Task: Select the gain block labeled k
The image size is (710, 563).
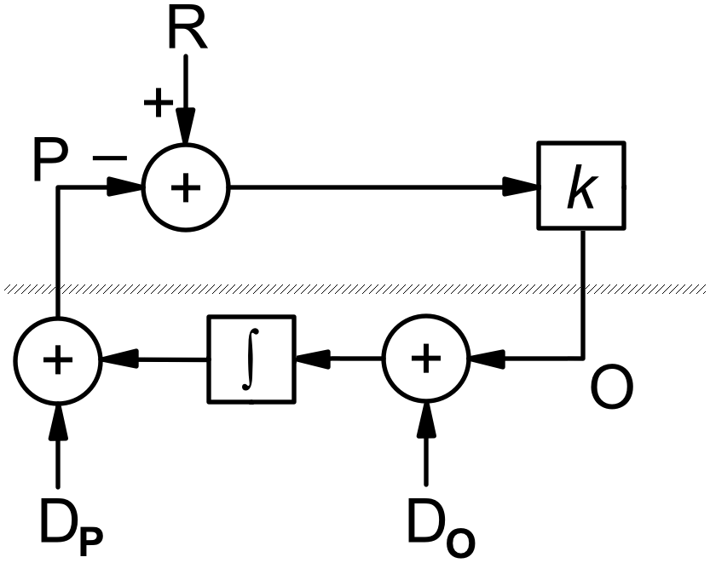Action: [580, 187]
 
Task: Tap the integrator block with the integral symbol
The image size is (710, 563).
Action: [251, 359]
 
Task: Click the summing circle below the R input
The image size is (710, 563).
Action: [186, 187]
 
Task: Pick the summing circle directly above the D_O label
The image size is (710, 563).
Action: [425, 359]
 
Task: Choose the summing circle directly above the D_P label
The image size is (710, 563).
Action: [58, 359]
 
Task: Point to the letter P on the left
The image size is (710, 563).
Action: [49, 162]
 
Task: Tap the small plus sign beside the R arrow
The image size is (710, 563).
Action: [158, 103]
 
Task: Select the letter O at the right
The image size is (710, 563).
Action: [611, 388]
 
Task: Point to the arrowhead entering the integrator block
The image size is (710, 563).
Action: [311, 359]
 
